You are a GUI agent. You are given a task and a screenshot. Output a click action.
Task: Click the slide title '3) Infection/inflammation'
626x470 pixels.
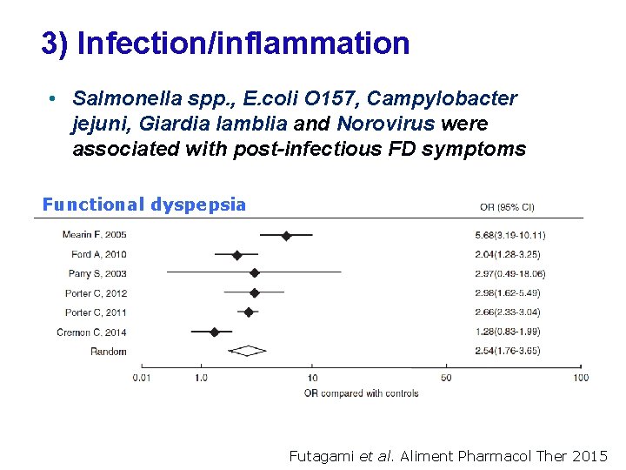tap(225, 44)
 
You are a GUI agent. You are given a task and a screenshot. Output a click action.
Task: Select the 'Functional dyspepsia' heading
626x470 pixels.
tap(144, 205)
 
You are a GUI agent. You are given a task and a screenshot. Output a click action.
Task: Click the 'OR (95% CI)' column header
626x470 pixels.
tap(507, 207)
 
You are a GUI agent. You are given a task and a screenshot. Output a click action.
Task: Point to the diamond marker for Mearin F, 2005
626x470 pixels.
tap(286, 235)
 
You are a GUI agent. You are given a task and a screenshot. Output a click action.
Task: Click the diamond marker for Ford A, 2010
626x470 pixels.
tap(236, 255)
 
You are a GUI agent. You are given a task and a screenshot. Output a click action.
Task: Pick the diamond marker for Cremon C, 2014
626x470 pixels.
tap(215, 332)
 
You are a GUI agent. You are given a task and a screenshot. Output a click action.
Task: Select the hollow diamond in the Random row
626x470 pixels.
tap(247, 351)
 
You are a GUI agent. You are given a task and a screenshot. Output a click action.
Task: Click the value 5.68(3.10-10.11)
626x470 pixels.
tap(509, 236)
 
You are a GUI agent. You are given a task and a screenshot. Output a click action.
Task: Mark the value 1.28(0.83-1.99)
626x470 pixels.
tap(507, 332)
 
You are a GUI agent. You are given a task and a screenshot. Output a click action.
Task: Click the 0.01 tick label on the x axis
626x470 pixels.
tap(143, 378)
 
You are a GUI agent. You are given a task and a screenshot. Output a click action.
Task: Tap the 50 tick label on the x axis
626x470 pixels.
tap(446, 378)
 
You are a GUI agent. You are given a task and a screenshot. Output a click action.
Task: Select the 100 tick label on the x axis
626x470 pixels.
tap(580, 378)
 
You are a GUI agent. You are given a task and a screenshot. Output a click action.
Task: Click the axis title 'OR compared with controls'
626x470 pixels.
tap(361, 393)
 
